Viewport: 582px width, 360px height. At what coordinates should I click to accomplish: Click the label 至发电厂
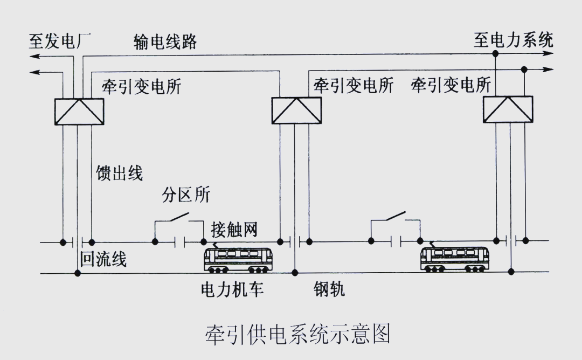click(x=60, y=41)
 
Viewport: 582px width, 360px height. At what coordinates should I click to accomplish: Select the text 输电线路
click(x=165, y=41)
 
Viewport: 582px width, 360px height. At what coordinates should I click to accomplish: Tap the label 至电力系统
click(x=513, y=40)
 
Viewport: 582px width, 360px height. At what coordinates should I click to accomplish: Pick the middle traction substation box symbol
click(x=296, y=110)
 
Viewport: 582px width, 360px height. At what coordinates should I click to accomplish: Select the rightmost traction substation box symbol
click(x=508, y=109)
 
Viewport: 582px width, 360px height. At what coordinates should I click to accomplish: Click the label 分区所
click(x=186, y=195)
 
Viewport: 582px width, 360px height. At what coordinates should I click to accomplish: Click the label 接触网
click(x=234, y=229)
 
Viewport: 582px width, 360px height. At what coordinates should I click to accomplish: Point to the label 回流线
click(x=103, y=259)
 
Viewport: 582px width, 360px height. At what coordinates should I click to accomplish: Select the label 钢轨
click(x=329, y=289)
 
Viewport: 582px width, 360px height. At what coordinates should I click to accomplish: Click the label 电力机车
click(x=232, y=289)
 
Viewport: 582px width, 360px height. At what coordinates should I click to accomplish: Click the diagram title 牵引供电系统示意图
click(x=297, y=334)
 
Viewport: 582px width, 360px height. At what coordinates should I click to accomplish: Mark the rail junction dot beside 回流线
click(x=78, y=273)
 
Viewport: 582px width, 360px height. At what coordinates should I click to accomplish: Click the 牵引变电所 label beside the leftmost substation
click(x=142, y=86)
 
